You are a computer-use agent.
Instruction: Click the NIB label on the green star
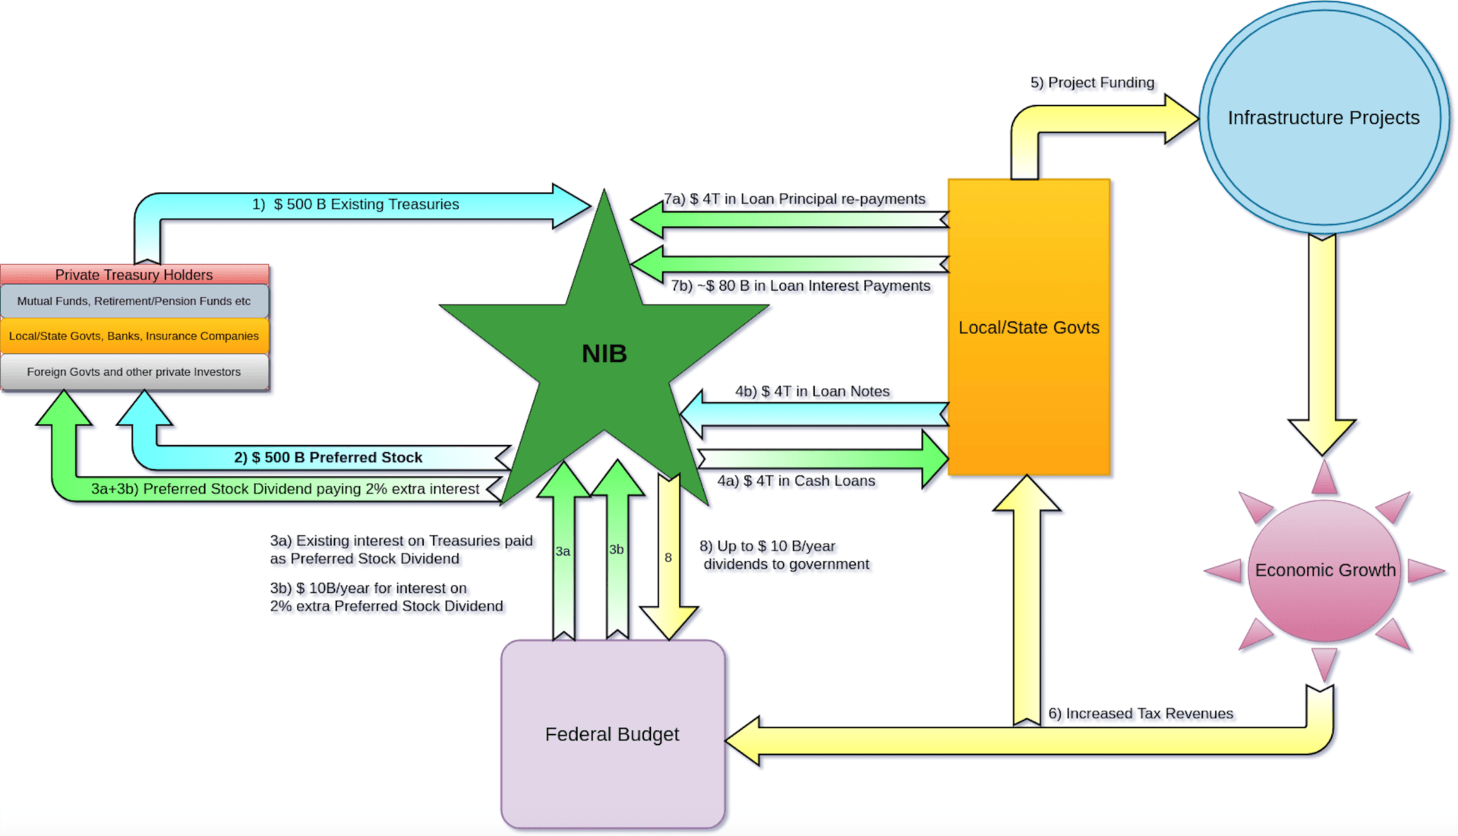tap(604, 354)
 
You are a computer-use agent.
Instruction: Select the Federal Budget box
tap(612, 734)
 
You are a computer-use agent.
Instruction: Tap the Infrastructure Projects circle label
tap(1324, 118)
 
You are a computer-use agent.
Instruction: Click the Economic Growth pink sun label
tap(1325, 570)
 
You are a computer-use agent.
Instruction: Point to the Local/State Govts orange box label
tap(1028, 327)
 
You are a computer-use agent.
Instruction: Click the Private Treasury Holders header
tap(134, 275)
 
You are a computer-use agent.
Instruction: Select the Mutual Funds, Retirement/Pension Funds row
tap(134, 301)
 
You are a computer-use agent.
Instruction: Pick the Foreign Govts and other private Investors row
tap(134, 372)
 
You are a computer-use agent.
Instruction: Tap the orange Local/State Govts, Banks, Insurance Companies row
tap(134, 336)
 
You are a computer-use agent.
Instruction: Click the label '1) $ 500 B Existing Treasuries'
tap(355, 204)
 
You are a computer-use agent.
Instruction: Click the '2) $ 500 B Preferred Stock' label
tap(328, 457)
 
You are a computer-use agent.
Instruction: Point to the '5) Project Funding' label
tap(1092, 83)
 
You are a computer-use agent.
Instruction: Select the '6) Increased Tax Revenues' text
tap(1141, 714)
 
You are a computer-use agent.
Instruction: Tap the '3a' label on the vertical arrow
tap(563, 551)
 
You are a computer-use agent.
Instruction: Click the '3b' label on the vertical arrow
tap(617, 550)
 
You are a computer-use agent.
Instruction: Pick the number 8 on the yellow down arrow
tap(668, 557)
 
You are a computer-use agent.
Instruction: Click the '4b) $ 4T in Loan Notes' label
tap(812, 391)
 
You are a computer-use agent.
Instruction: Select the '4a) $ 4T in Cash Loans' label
tap(796, 481)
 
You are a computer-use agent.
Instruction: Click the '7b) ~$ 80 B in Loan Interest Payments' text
tap(800, 286)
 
